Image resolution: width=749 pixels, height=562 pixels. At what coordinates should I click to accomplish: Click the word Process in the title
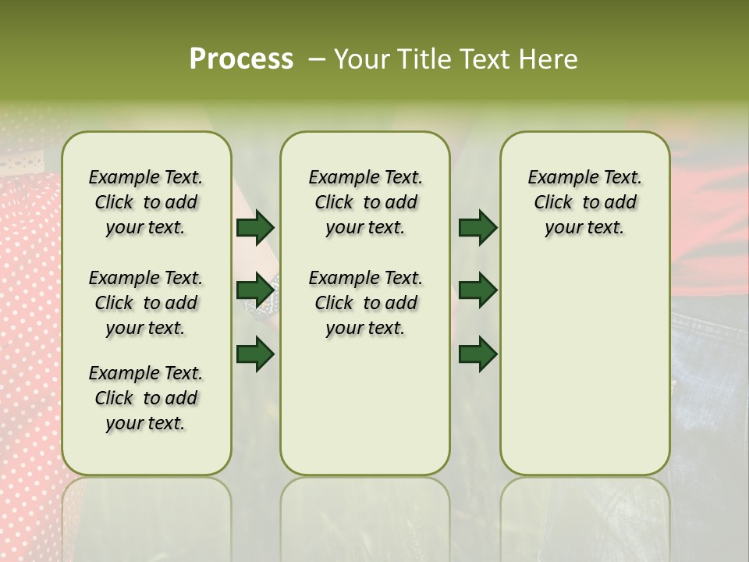[241, 59]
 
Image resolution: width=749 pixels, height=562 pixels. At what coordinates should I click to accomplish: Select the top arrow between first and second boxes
[255, 227]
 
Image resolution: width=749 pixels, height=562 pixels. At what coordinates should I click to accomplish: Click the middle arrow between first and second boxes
[255, 290]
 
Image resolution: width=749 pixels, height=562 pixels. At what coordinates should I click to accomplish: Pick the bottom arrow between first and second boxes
[255, 354]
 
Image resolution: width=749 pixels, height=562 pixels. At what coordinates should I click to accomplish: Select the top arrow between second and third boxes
[478, 227]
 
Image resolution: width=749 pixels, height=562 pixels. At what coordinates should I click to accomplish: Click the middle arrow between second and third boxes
[478, 290]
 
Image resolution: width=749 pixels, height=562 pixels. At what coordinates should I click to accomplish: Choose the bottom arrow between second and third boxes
[478, 354]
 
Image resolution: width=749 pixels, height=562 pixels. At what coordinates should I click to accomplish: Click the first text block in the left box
[146, 202]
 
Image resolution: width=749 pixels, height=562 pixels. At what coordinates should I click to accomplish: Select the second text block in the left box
[146, 303]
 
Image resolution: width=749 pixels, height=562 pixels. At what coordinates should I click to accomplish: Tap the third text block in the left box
[146, 398]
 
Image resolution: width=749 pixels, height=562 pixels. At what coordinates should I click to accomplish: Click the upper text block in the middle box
[365, 202]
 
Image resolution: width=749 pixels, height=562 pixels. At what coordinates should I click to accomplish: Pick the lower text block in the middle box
[365, 303]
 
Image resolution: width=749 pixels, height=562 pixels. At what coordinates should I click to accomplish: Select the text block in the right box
[584, 202]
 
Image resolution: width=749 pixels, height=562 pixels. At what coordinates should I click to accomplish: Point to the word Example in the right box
[557, 178]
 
